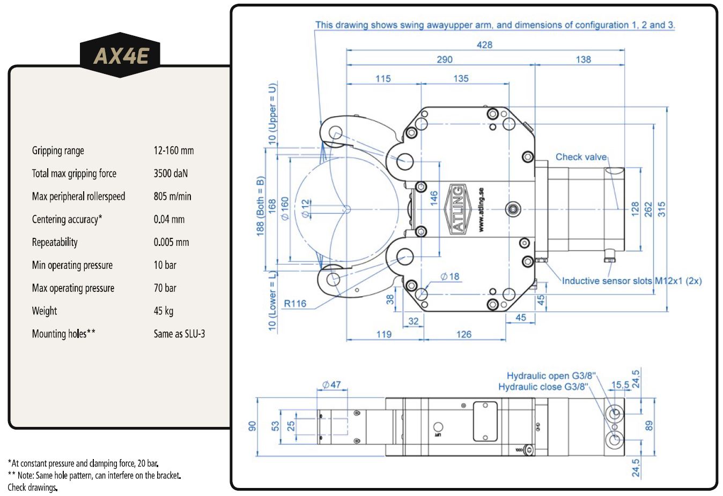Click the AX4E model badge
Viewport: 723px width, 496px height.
(x=120, y=55)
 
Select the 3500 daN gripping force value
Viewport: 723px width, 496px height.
(x=171, y=174)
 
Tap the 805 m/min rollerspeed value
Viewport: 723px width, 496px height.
(x=172, y=196)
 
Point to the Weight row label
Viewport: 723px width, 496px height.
(x=44, y=311)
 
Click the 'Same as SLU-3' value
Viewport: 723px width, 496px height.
(x=179, y=334)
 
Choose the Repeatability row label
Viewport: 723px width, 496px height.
(x=55, y=242)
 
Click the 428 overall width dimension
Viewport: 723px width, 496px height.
(x=484, y=45)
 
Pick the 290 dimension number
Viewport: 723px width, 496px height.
(x=445, y=59)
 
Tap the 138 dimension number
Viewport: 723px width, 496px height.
(x=583, y=59)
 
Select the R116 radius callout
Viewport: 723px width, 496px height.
(x=294, y=304)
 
